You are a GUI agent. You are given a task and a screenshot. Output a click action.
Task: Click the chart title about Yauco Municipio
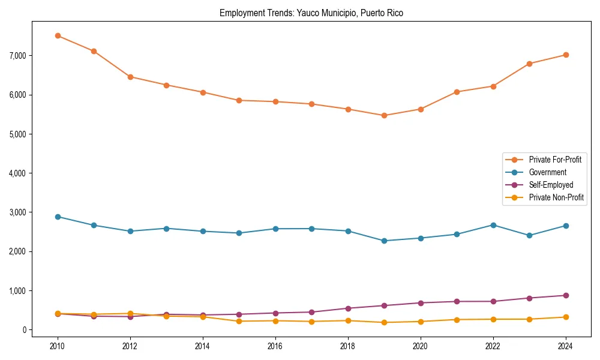[x=311, y=13]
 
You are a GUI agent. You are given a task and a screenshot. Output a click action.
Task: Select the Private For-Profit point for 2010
[x=58, y=35]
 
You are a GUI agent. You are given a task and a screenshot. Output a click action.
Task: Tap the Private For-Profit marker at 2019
[x=384, y=115]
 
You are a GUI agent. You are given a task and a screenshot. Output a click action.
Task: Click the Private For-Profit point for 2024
[x=566, y=55]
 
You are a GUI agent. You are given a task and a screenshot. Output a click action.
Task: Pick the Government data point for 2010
[x=58, y=217]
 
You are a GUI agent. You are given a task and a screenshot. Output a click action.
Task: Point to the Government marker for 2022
[x=493, y=225]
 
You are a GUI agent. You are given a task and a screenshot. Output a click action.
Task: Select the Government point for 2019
[x=384, y=241]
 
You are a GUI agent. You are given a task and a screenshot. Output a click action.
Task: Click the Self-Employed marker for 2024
[x=566, y=295]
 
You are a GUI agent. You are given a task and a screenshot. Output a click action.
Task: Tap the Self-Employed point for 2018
[x=348, y=308]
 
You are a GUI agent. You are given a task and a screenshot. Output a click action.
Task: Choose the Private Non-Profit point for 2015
[x=239, y=321]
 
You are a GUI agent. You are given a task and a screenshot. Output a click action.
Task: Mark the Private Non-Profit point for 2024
[x=566, y=317]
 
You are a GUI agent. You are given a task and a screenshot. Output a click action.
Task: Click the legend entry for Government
[x=547, y=172]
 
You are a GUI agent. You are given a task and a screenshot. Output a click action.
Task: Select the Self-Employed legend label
[x=551, y=185]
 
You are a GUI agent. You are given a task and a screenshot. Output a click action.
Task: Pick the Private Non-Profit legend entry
[x=556, y=197]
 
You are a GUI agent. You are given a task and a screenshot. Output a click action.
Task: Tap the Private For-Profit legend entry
[x=555, y=160]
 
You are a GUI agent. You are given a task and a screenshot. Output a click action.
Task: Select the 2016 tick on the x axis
[x=275, y=346]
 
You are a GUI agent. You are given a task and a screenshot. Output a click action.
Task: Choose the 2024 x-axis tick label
[x=566, y=346]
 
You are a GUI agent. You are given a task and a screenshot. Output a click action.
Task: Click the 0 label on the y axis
[x=25, y=330]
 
